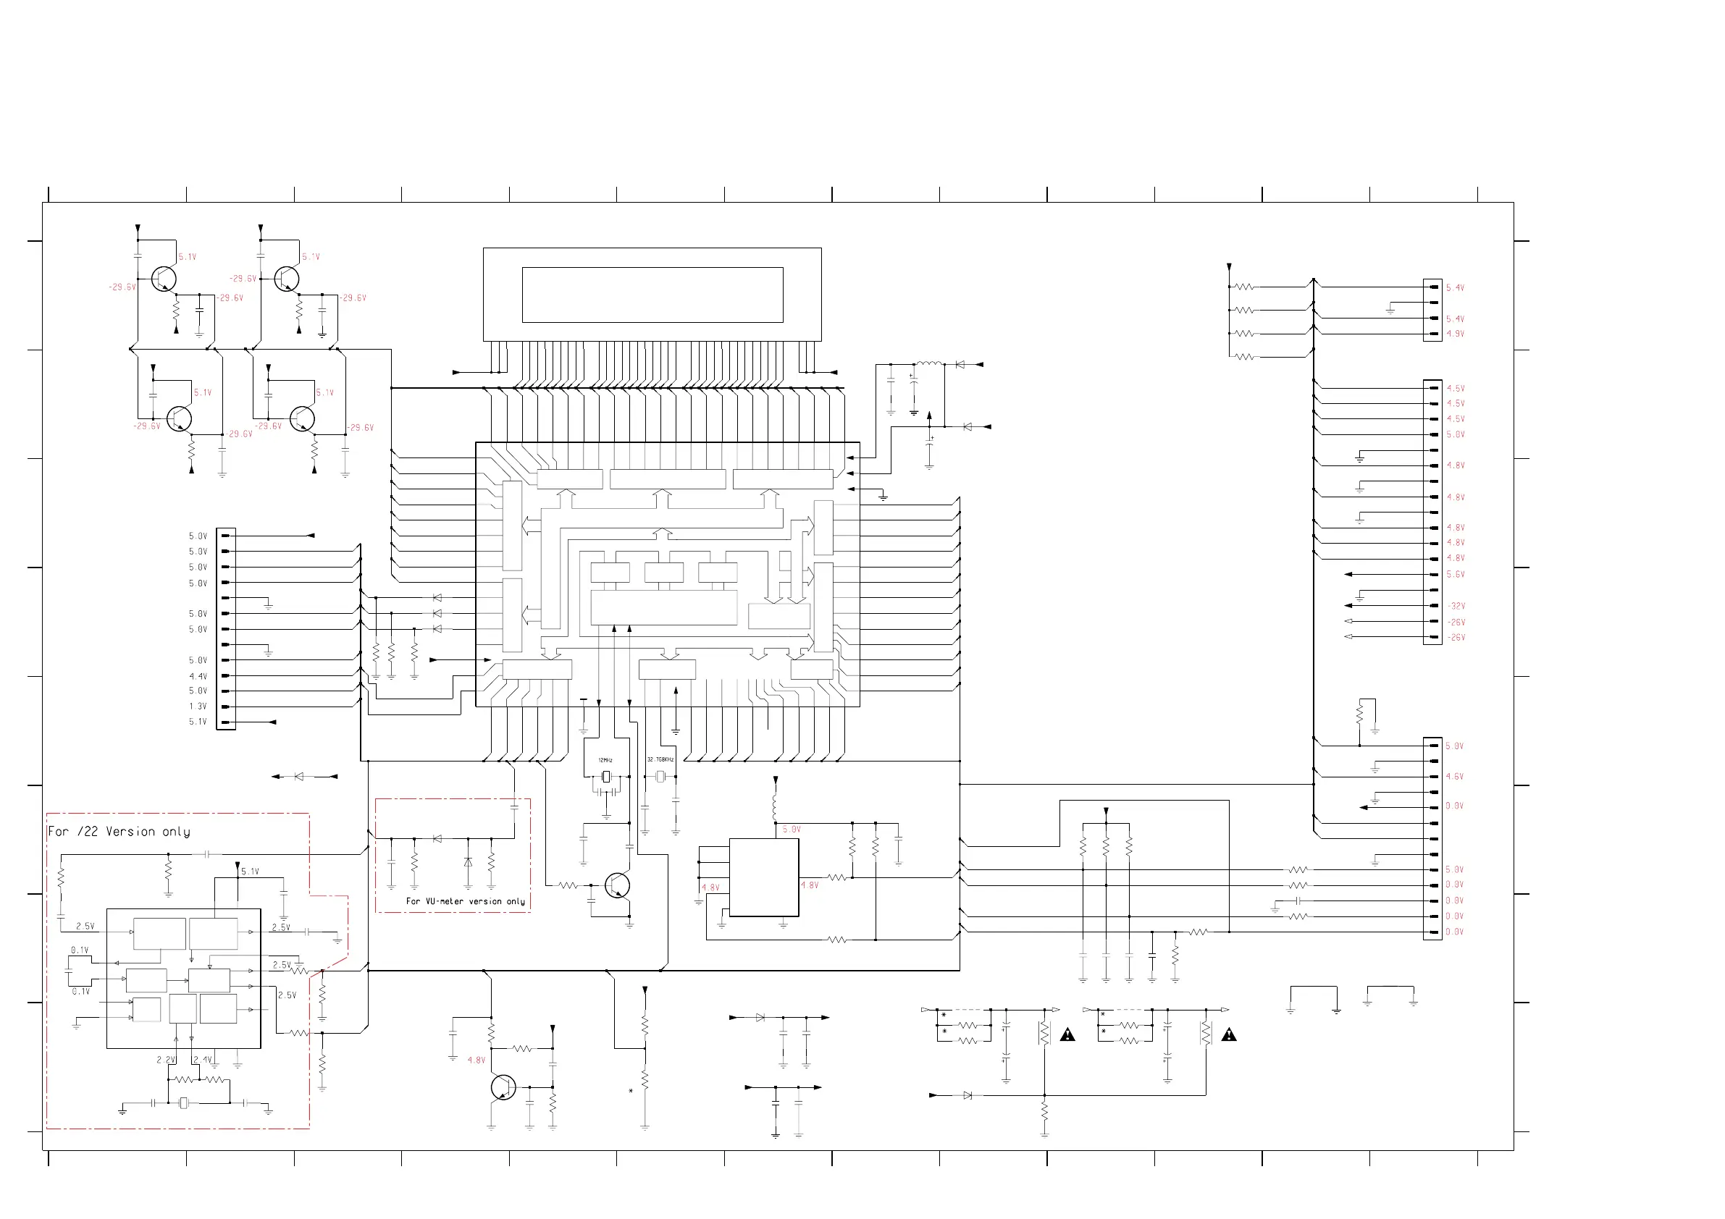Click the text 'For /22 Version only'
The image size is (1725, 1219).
(119, 832)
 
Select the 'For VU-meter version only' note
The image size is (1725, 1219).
(465, 900)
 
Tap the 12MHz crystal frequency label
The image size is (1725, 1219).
(605, 760)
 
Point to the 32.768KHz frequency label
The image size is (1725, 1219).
(660, 759)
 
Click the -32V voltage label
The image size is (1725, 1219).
(1456, 606)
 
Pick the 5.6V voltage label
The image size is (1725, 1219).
(1456, 575)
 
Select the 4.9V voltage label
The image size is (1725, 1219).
(1456, 334)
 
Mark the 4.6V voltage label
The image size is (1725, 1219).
(1455, 777)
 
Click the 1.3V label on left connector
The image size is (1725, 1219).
(198, 706)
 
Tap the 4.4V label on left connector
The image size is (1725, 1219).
(198, 677)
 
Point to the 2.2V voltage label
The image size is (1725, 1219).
(165, 1060)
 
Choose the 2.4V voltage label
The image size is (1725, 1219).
(202, 1060)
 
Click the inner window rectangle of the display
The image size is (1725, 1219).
(652, 295)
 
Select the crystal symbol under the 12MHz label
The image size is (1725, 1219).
(605, 777)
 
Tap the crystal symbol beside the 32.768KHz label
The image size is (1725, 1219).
(660, 777)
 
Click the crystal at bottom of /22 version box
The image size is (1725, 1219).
(183, 1102)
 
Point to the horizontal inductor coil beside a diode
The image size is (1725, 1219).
(929, 364)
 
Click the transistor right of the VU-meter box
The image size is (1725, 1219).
(617, 885)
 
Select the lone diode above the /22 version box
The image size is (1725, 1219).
(299, 777)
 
